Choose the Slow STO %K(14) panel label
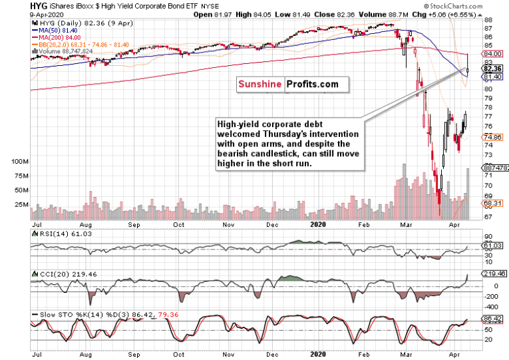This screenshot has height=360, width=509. [x=64, y=313]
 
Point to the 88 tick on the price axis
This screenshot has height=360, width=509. [x=488, y=21]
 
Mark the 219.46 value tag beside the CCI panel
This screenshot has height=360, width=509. [x=492, y=273]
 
